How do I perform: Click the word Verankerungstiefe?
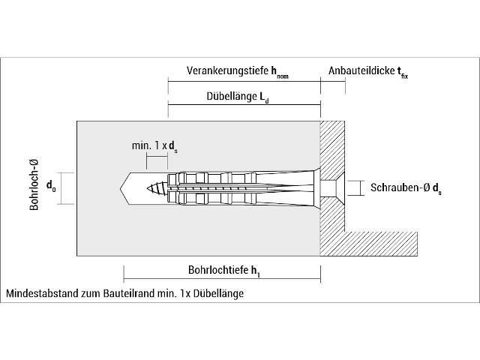[x=227, y=70]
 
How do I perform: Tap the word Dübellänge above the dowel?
[x=232, y=96]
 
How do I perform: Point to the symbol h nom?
[x=280, y=73]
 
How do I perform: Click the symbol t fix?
[x=403, y=73]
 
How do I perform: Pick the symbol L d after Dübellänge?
[x=264, y=97]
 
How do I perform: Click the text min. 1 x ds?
[x=154, y=146]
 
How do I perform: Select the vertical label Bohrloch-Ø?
[x=34, y=184]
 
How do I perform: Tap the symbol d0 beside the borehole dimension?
[x=51, y=185]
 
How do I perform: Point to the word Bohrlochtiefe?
[x=218, y=270]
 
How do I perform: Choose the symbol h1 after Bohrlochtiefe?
[x=256, y=271]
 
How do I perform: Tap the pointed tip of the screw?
[x=148, y=188]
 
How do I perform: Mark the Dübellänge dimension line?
[x=244, y=105]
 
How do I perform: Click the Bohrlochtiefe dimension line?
[x=222, y=278]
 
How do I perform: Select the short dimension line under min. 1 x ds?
[x=157, y=157]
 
